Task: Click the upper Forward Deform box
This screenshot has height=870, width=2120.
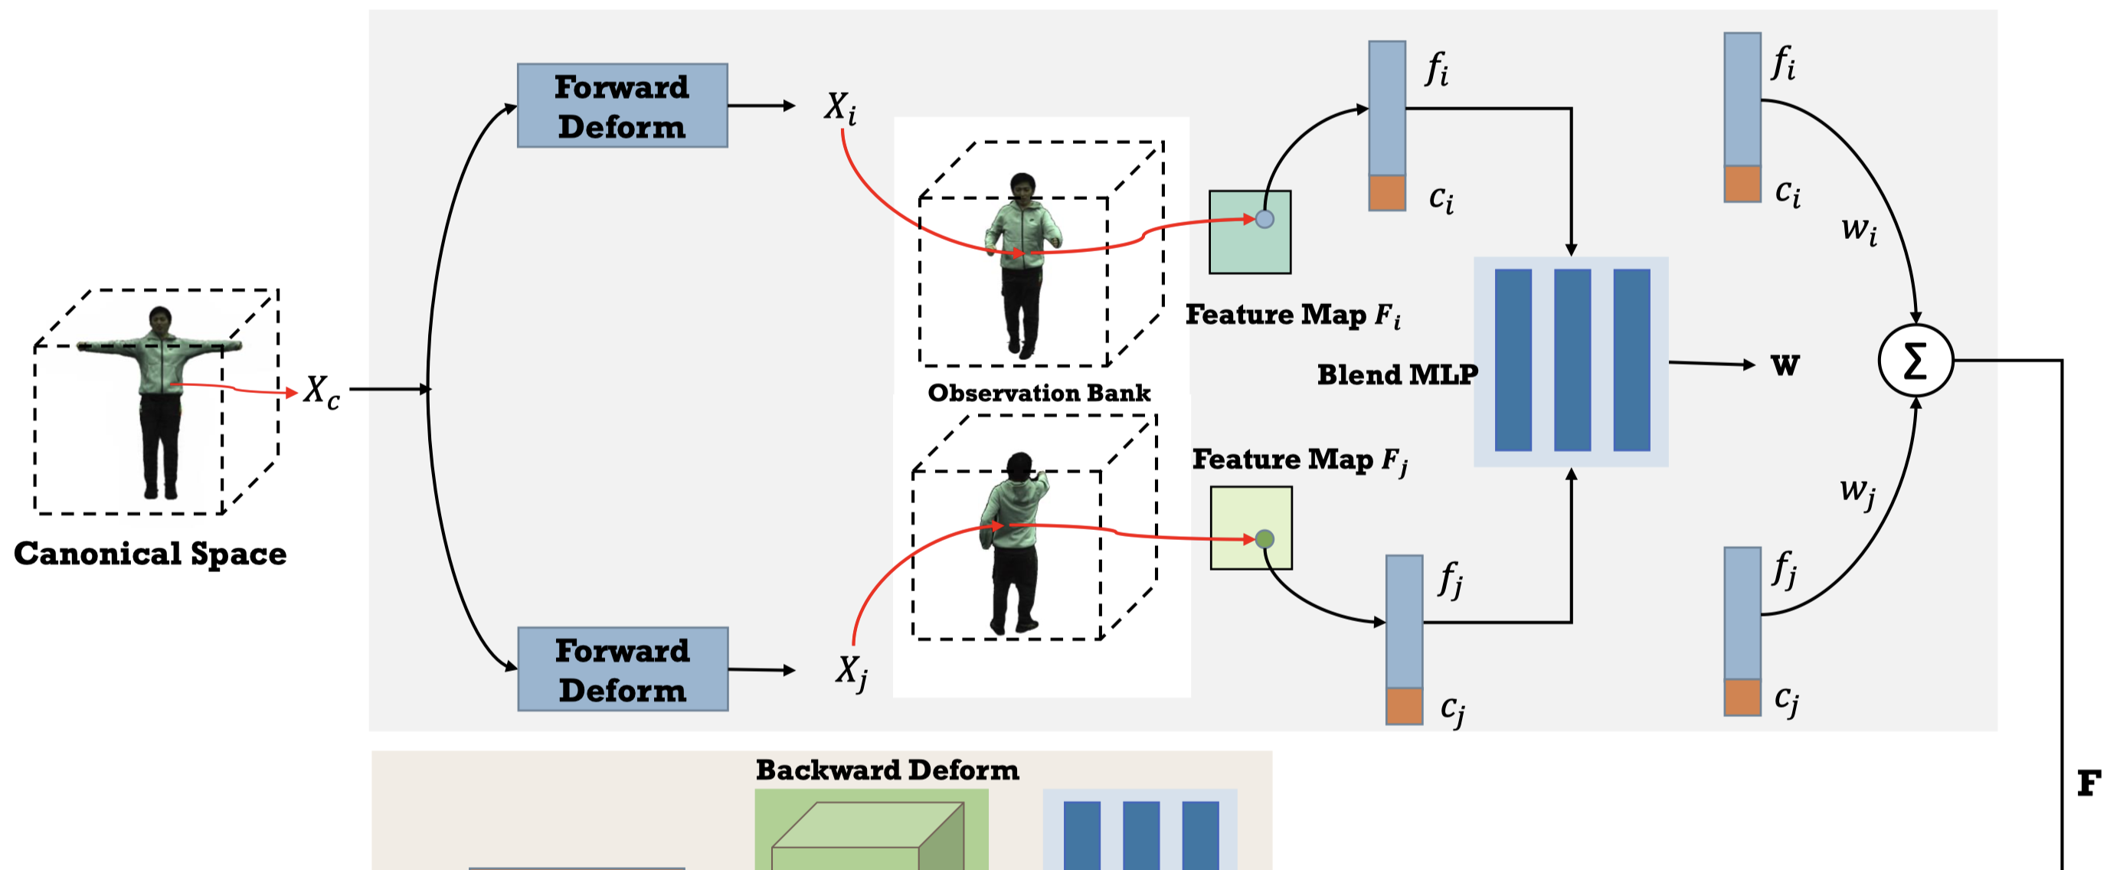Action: tap(622, 106)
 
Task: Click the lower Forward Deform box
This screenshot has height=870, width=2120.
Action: tap(622, 669)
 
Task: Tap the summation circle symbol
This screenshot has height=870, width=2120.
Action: tap(1915, 361)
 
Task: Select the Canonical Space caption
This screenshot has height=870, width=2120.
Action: tap(150, 553)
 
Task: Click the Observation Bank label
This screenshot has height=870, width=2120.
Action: tap(1039, 393)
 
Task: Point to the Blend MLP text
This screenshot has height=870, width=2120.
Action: tap(1396, 374)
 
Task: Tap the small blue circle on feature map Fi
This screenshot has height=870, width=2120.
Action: tap(1265, 219)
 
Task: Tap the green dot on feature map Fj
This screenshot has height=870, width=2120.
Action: tap(1265, 539)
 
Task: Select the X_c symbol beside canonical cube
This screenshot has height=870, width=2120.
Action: tap(320, 391)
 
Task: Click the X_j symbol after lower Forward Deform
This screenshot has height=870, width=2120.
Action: tap(851, 671)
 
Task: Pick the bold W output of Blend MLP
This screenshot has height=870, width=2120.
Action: tap(1785, 365)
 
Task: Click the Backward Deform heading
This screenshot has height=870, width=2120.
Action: tap(887, 770)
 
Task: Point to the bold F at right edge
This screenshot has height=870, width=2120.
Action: tap(2089, 783)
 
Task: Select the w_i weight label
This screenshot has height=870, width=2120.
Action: tap(1858, 229)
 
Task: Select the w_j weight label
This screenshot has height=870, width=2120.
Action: tap(1857, 492)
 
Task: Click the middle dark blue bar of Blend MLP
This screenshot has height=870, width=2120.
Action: tap(1572, 361)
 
